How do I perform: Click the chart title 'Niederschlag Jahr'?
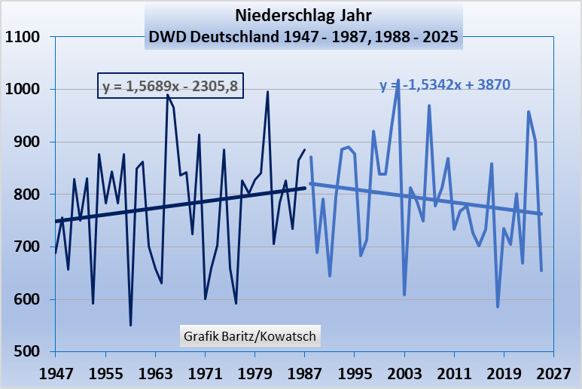(x=303, y=15)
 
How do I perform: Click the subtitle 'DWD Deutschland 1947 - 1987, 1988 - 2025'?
(x=303, y=36)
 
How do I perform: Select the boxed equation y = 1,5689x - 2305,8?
(x=171, y=87)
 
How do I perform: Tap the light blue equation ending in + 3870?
(x=441, y=86)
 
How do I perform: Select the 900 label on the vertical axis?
(x=27, y=142)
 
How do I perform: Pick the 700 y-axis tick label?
(x=27, y=247)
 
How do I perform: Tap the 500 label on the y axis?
(x=27, y=352)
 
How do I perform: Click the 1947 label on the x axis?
(x=56, y=372)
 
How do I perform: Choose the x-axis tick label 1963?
(x=155, y=372)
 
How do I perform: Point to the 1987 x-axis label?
(x=304, y=372)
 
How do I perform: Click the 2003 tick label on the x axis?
(x=404, y=372)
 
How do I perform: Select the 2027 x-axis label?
(x=553, y=372)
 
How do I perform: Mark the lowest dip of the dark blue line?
(x=130, y=325)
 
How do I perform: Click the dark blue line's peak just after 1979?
(x=267, y=92)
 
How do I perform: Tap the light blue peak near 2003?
(x=398, y=79)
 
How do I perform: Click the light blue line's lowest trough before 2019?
(x=498, y=307)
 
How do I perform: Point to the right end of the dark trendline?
(x=305, y=188)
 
